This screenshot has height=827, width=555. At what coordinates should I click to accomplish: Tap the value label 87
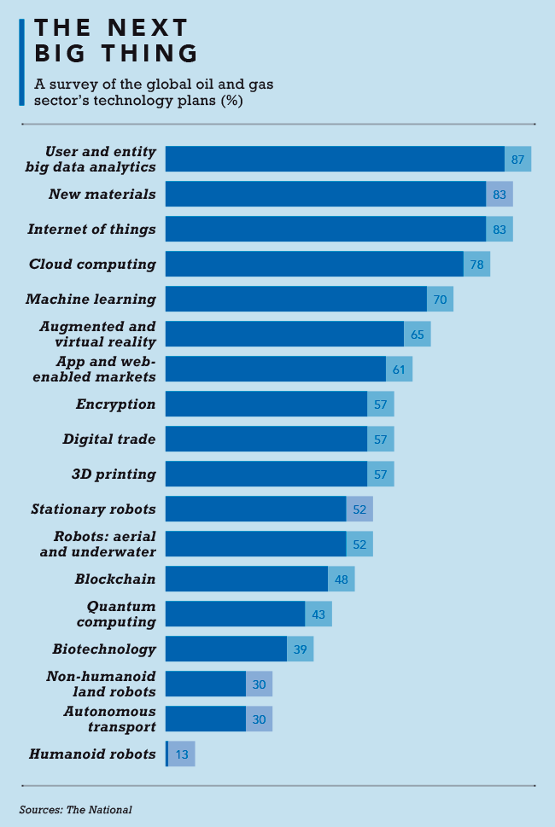(x=517, y=160)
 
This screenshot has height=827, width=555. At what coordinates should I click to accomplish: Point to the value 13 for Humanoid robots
(x=183, y=754)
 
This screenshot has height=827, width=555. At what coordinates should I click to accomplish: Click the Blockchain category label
(x=115, y=579)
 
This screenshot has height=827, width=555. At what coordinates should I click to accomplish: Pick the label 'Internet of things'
(x=91, y=229)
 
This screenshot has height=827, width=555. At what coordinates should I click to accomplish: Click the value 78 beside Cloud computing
(x=476, y=265)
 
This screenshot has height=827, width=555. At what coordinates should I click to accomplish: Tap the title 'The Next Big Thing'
(x=116, y=40)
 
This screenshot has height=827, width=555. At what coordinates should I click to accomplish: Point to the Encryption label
(x=115, y=404)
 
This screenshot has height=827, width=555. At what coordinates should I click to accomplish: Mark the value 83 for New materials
(x=499, y=195)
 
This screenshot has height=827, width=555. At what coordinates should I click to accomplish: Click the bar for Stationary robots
(x=255, y=509)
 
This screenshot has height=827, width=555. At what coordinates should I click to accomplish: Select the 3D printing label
(x=114, y=474)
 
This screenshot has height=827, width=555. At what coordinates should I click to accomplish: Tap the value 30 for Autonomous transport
(x=259, y=719)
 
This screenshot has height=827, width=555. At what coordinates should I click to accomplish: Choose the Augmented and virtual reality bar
(x=284, y=334)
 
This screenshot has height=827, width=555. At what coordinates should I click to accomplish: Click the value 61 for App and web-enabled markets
(x=399, y=370)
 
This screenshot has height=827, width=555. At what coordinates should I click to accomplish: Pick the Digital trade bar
(x=266, y=439)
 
